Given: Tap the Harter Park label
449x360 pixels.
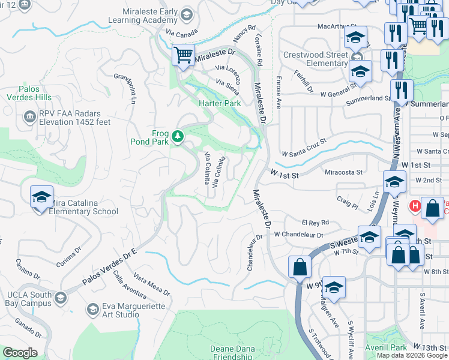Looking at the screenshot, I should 220,103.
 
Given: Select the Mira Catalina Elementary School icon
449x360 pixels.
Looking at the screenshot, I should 41,196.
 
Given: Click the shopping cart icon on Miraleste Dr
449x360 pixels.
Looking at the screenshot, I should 183,55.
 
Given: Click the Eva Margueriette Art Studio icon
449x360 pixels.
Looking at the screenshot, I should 92,309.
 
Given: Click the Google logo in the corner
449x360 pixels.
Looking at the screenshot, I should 20,353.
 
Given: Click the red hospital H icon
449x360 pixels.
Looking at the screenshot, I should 414,206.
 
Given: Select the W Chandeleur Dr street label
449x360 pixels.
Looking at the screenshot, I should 298,235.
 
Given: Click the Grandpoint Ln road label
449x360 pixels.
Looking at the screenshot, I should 126,88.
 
